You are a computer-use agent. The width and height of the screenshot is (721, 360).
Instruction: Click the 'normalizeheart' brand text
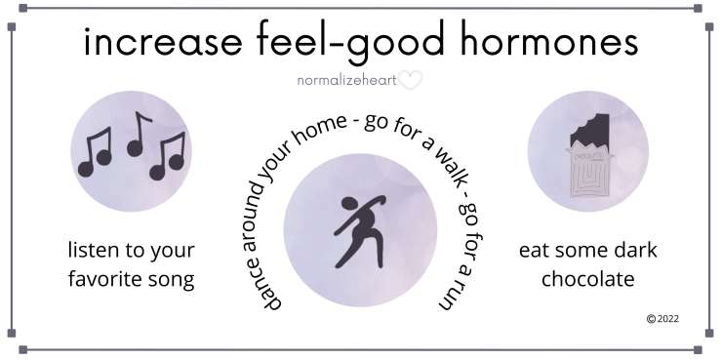(x=346, y=81)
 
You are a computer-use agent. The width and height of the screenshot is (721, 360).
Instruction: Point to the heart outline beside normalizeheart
(x=410, y=81)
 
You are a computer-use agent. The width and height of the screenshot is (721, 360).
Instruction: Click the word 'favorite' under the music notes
(x=104, y=280)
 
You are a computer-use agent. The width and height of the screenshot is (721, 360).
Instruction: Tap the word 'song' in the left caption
(x=169, y=280)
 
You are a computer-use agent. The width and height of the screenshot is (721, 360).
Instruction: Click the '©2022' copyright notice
(x=662, y=318)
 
